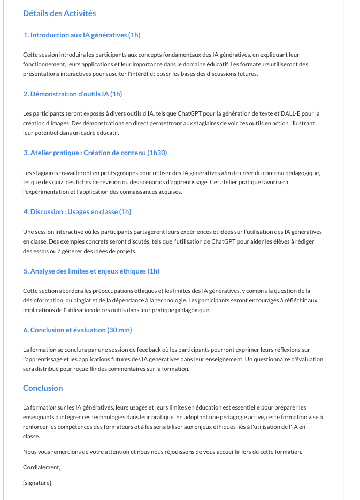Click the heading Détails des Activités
pyautogui.click(x=59, y=13)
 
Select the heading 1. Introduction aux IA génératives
pyautogui.click(x=81, y=35)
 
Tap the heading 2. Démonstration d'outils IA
pyautogui.click(x=73, y=94)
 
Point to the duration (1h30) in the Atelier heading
pyautogui.click(x=157, y=153)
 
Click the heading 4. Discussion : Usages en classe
pyautogui.click(x=77, y=212)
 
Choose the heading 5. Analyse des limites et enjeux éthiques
pyautogui.click(x=91, y=271)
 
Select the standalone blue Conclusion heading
pyautogui.click(x=43, y=388)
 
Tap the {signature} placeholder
pyautogui.click(x=37, y=483)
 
